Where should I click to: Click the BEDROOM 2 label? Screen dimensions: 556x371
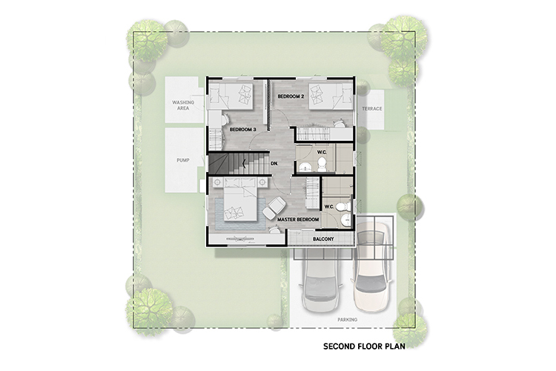[291, 96]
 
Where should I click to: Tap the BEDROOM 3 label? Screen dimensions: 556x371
[243, 130]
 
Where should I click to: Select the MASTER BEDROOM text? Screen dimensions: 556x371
[298, 220]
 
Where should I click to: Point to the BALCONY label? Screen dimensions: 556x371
[323, 239]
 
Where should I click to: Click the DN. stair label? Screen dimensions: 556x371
[274, 164]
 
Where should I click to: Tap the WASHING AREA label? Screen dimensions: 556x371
[183, 105]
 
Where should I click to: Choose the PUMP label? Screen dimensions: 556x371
[183, 160]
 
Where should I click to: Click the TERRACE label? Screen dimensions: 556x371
[372, 108]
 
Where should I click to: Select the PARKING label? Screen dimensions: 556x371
[347, 320]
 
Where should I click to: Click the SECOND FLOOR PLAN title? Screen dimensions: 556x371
[364, 347]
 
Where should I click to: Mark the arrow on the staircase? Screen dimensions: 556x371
[244, 163]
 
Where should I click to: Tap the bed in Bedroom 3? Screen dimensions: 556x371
[231, 96]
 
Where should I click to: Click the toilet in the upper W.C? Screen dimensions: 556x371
[322, 165]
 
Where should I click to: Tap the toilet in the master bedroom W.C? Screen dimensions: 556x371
[342, 206]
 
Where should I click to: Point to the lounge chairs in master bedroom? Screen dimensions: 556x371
[274, 209]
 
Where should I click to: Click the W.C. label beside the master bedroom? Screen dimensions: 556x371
[329, 206]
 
